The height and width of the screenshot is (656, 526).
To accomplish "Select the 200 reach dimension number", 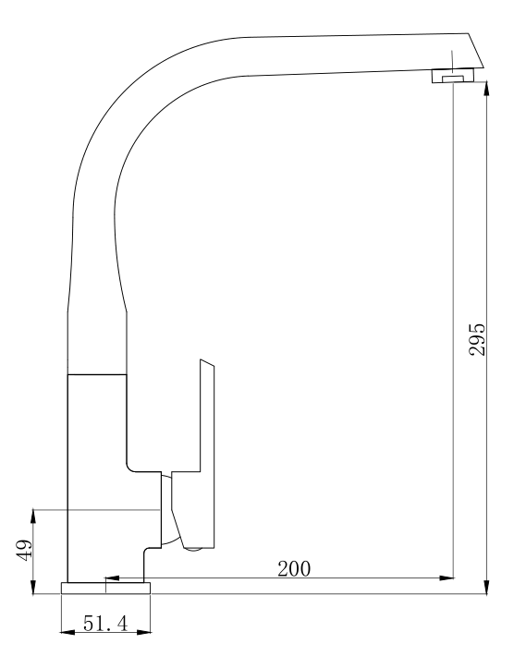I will click(294, 567).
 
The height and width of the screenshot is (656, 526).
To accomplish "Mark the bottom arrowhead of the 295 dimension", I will click(487, 586).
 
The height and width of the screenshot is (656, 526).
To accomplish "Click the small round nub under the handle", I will click(193, 549).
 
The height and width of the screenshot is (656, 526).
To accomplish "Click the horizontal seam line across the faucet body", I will click(96, 374).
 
